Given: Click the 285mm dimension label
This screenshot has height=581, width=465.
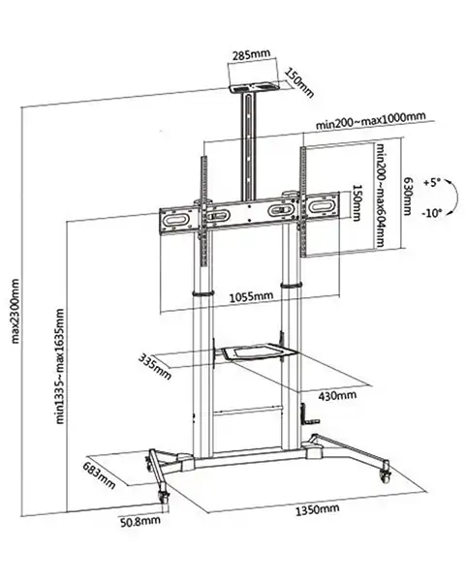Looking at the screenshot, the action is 251,55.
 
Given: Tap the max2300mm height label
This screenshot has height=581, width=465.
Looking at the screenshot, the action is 15,311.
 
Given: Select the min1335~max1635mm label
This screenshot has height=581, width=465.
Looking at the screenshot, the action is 60,366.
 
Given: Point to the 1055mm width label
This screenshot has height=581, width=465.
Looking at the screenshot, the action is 251,297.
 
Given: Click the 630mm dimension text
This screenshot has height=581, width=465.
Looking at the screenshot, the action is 407,197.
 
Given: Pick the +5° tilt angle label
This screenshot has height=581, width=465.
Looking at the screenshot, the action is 432,183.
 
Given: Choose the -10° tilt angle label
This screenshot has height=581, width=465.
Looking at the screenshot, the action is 432,213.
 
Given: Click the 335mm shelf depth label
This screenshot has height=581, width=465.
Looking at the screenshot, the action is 155,367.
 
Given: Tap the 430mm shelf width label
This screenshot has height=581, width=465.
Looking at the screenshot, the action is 337,396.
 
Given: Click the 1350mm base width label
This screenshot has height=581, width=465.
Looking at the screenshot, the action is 317,509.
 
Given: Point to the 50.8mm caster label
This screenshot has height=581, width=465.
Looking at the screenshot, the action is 140,522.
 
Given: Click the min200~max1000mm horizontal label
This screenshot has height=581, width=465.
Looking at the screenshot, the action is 370,121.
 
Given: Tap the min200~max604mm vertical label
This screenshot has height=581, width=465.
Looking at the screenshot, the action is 380,196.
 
